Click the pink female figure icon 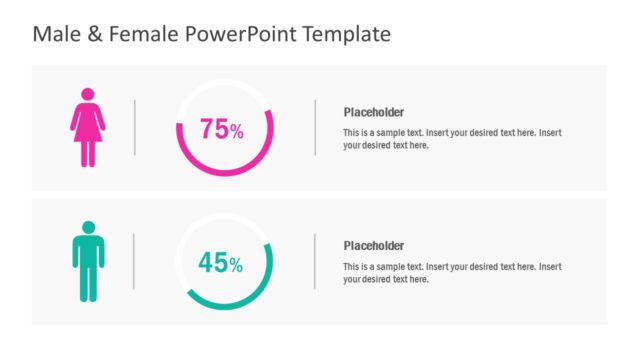point(88,128)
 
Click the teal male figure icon point(88,262)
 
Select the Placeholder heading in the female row point(374,113)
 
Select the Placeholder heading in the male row point(374,246)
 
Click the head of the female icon point(88,94)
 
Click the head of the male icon point(88,227)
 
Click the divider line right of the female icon point(135,127)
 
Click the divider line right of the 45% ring point(315,261)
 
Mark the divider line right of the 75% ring point(315,127)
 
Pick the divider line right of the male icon point(134,261)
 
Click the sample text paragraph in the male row point(452,273)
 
